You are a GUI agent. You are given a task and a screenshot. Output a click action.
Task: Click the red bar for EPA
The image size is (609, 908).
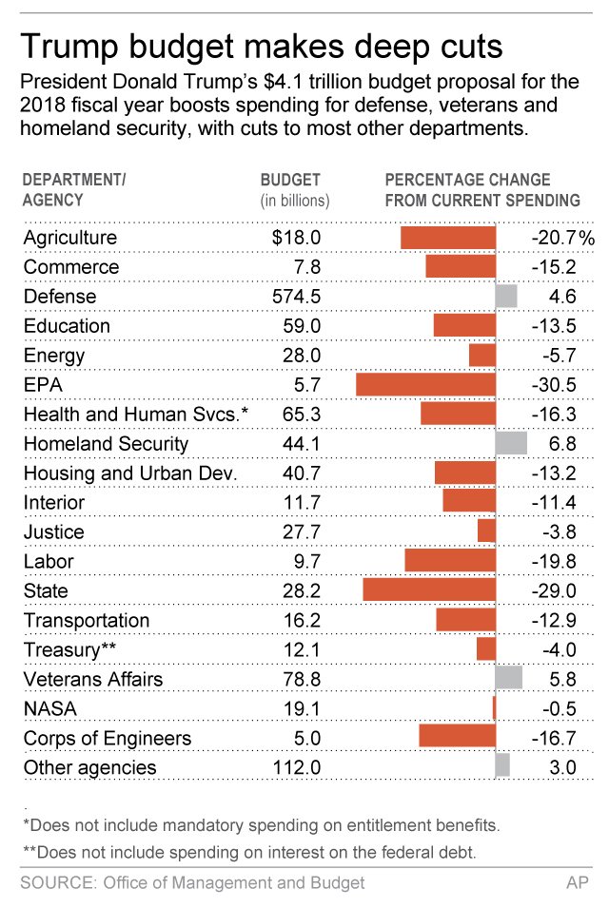[425, 385]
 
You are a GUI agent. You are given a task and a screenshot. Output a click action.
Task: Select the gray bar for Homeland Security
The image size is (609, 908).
[511, 444]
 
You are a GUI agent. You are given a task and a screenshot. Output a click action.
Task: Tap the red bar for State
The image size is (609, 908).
[429, 591]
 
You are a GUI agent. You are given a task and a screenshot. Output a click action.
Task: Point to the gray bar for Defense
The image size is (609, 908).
[506, 297]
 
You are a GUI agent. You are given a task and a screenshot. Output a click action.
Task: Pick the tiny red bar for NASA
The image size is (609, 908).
[494, 709]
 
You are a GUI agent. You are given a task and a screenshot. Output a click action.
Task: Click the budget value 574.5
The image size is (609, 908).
[297, 297]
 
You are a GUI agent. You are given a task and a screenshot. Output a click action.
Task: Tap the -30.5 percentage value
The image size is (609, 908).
[554, 385]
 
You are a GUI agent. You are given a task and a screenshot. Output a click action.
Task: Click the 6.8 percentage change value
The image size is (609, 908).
[562, 444]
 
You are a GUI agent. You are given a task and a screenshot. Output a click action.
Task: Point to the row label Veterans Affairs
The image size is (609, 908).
[93, 680]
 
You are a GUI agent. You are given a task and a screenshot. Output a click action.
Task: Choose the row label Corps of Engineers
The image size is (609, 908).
[108, 739]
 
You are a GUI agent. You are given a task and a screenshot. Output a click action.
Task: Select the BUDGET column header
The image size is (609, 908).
[290, 180]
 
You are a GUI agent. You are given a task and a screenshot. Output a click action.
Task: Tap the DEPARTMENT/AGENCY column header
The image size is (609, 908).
[74, 190]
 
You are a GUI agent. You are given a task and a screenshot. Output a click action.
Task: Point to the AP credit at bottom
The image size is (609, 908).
[577, 883]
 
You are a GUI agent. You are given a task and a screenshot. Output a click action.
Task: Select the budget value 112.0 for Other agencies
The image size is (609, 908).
[297, 768]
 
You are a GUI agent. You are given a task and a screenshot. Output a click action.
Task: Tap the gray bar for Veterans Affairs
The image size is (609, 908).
[509, 680]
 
